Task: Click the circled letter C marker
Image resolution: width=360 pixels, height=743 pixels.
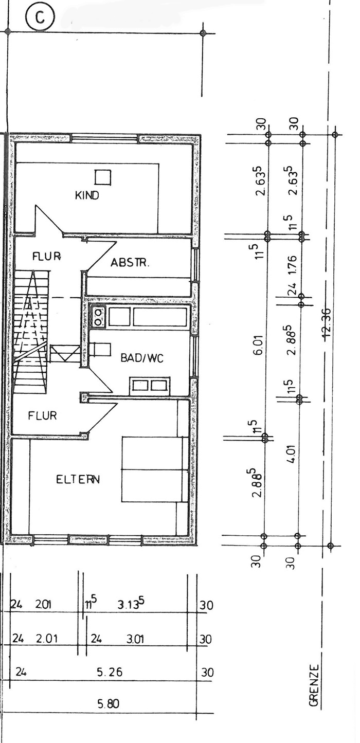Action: pyautogui.click(x=40, y=17)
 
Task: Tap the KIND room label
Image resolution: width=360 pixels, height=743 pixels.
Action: pyautogui.click(x=87, y=195)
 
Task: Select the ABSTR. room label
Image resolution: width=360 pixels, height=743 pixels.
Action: pyautogui.click(x=130, y=263)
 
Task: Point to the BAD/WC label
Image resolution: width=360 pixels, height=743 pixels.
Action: pyautogui.click(x=142, y=358)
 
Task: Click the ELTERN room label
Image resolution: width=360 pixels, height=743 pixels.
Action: pyautogui.click(x=78, y=479)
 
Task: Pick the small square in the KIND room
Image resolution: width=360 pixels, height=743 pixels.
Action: pyautogui.click(x=103, y=177)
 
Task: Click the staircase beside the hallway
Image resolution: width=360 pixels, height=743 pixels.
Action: pyautogui.click(x=30, y=332)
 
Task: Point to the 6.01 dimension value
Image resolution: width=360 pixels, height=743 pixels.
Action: pyautogui.click(x=260, y=345)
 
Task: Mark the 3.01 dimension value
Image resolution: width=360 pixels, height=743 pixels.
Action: pyautogui.click(x=135, y=639)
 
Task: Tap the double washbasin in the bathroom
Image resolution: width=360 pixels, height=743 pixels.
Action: pyautogui.click(x=149, y=386)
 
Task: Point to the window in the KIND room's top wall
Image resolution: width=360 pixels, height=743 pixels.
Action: pyautogui.click(x=105, y=138)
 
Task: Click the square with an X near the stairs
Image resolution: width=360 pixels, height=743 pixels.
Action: pyautogui.click(x=65, y=354)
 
